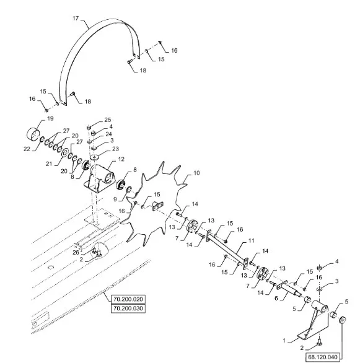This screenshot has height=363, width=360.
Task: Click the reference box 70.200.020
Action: coord(128,299)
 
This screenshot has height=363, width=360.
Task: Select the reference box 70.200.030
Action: coord(128,308)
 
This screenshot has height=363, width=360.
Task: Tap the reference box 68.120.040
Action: coord(323,357)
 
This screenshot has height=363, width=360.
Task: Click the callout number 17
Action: coord(76,18)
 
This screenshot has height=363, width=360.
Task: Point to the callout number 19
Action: coord(50,118)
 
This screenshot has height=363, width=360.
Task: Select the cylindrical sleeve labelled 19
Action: coord(33,134)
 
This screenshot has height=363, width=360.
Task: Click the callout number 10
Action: coord(196,173)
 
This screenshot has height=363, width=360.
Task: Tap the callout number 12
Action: coord(121,159)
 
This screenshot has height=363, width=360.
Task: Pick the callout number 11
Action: coord(252,241)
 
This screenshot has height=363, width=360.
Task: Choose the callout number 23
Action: coord(115,149)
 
